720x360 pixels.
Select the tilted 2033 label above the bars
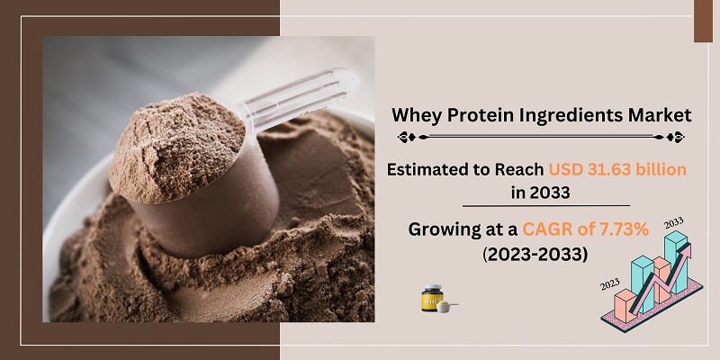674,222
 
